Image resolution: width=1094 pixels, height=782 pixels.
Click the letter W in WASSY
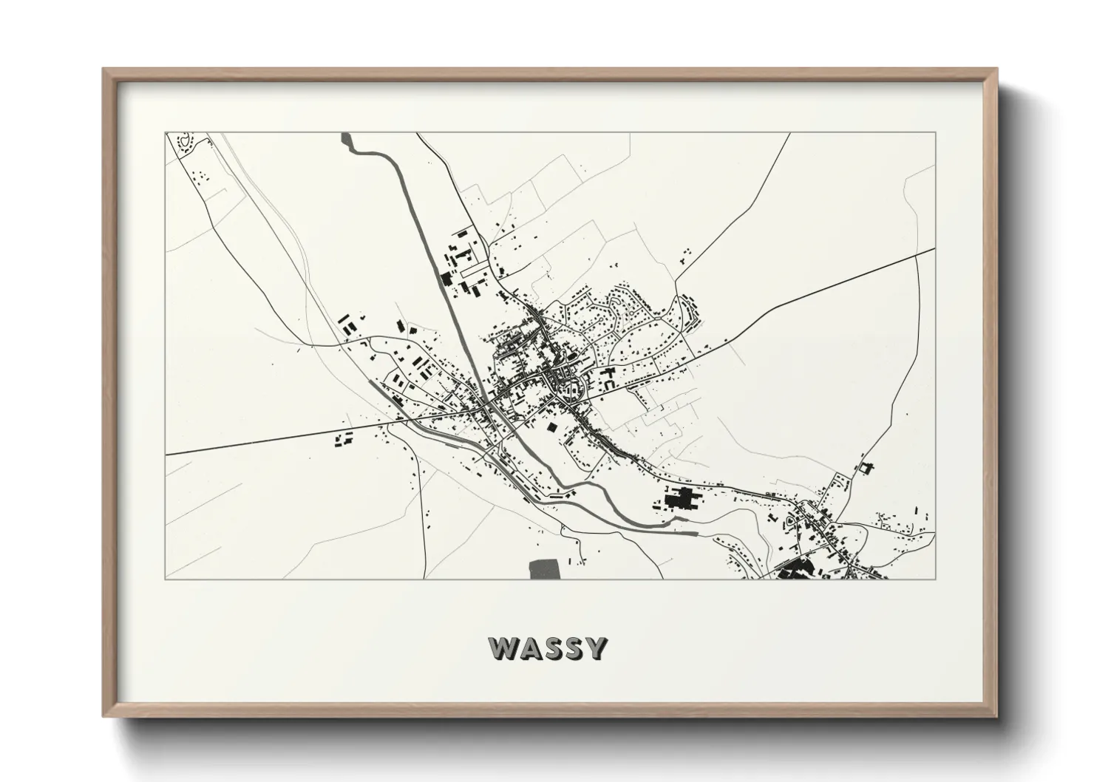[503, 648]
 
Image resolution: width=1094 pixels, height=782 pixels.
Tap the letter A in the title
[531, 648]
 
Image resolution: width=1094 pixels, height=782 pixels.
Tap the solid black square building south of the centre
[551, 426]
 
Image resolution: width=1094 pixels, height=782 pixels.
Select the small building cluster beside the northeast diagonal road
[685, 255]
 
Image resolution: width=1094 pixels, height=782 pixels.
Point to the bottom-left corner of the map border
[166, 579]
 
